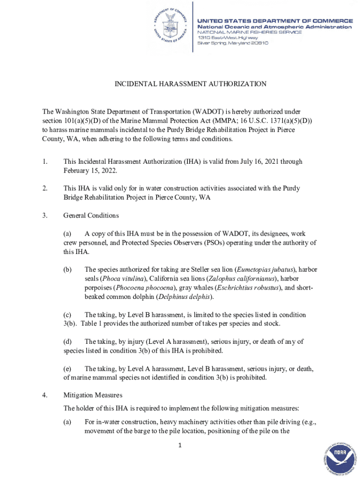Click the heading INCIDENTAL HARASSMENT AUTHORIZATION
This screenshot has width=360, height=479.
pos(191,84)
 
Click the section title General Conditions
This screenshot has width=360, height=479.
pos(91,216)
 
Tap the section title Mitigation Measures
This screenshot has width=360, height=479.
pos(92,395)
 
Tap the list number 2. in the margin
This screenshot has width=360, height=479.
pos(44,188)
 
